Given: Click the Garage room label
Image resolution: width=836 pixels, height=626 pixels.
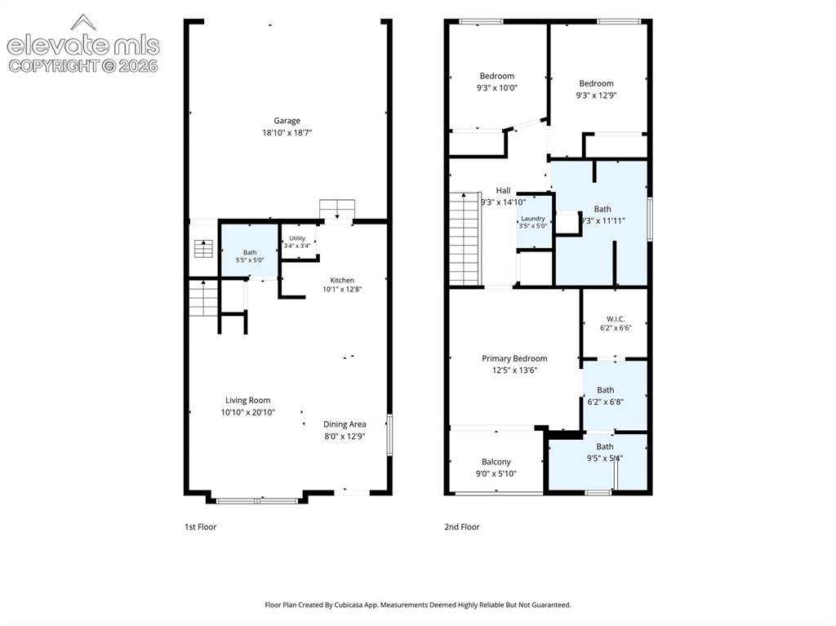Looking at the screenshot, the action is [x=287, y=121].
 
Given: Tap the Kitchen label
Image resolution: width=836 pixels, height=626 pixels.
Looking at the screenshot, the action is [x=342, y=280].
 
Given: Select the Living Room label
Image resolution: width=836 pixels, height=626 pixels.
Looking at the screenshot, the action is [x=247, y=400].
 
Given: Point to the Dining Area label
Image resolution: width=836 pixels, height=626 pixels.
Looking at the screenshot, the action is [x=345, y=424].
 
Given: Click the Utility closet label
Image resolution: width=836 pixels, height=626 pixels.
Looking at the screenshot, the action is [x=297, y=238].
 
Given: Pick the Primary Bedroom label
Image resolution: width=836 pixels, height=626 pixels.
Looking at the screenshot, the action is [x=514, y=358].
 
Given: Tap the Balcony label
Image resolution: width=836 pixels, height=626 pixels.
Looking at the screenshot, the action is [x=496, y=462].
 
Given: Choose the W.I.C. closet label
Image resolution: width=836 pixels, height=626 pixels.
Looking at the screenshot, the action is [x=616, y=319].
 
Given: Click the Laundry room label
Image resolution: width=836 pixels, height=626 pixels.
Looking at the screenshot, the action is [x=532, y=219].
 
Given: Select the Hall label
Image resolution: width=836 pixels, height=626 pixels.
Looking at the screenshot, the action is [x=503, y=190].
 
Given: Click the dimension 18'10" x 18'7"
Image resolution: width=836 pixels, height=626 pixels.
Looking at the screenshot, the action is [x=287, y=133].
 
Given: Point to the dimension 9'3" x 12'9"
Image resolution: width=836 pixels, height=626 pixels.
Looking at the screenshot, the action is [x=596, y=95].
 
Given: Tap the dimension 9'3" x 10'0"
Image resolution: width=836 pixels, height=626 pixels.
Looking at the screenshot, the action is [x=497, y=88].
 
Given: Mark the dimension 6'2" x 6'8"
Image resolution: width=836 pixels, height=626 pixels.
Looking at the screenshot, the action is [x=605, y=402].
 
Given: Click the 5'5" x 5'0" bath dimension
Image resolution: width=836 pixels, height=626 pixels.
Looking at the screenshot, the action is [x=250, y=260].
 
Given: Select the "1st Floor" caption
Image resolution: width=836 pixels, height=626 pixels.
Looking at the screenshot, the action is [x=201, y=526].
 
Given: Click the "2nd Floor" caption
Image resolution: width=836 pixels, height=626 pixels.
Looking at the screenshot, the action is [x=462, y=526].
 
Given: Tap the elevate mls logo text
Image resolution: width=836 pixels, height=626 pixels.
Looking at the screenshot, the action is [x=83, y=46].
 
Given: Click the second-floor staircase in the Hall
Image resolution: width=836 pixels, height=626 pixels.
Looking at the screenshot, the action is [x=465, y=239].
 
